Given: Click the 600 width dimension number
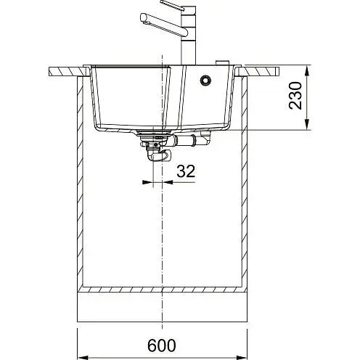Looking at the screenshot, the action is pos(162,345).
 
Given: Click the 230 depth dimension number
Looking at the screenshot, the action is pos(295,96).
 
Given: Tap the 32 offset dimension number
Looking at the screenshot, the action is pos(186,171).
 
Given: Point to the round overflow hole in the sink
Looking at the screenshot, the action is pos(205,80).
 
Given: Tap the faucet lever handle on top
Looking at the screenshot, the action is pos(172,5).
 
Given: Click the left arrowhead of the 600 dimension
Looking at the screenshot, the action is pos(82,357).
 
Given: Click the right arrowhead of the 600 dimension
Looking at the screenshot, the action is pos(242,357).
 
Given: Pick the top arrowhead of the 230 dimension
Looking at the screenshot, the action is pos(307,70).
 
